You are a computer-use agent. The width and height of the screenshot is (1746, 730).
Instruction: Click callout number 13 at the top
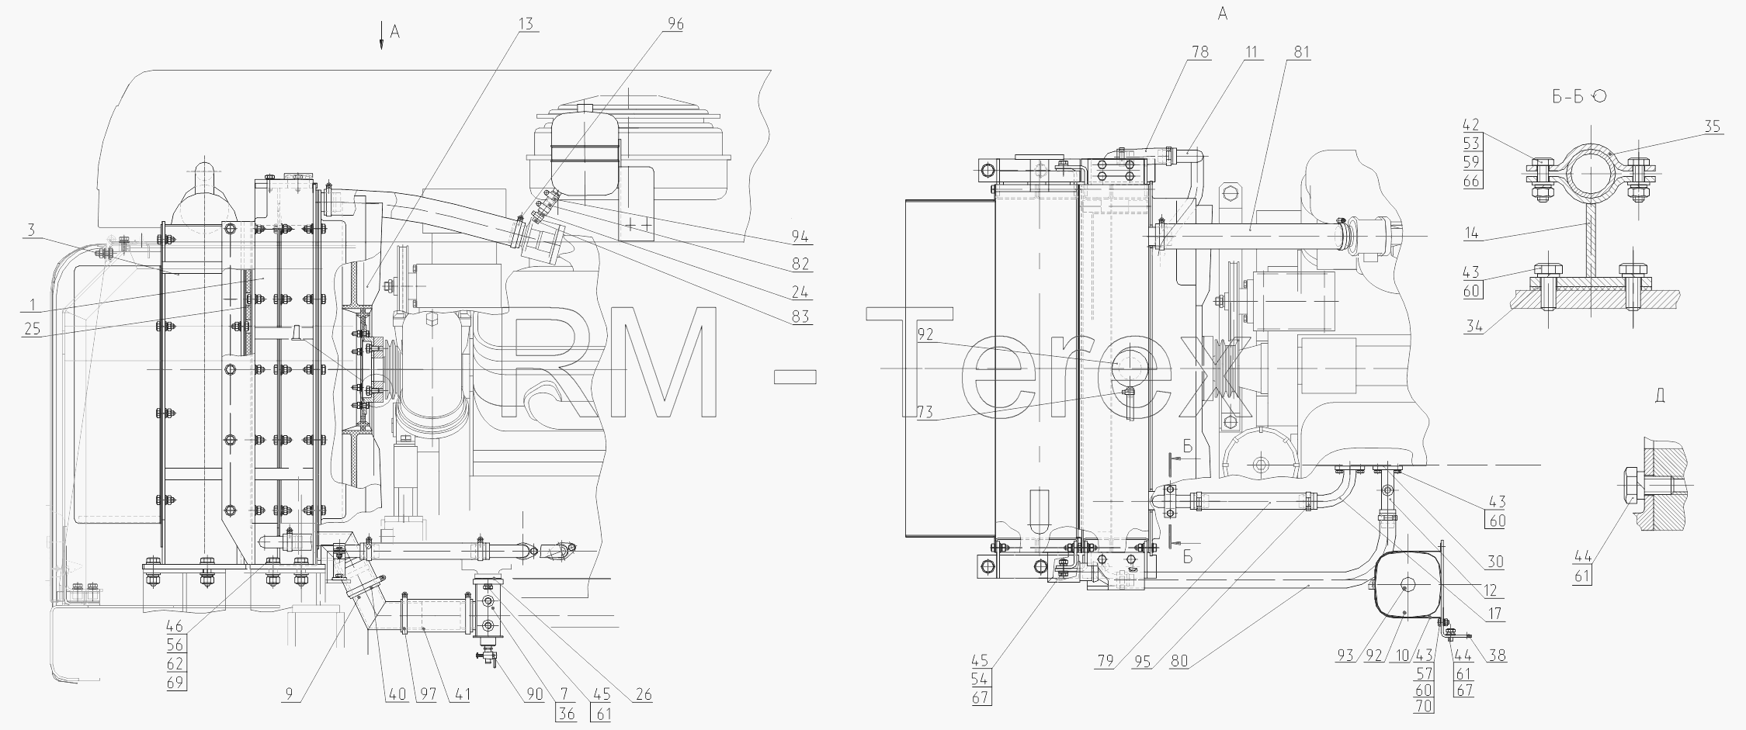pyautogui.click(x=526, y=24)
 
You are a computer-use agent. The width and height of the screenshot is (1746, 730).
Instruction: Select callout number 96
pyautogui.click(x=675, y=24)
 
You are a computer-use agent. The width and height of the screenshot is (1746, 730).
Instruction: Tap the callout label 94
pyautogui.click(x=800, y=237)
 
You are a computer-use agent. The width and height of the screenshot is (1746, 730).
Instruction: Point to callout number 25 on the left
pyautogui.click(x=31, y=329)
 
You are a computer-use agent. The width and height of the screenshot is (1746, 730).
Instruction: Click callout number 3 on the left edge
pyautogui.click(x=31, y=230)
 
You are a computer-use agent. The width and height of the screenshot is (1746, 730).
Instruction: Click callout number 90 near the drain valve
pyautogui.click(x=534, y=695)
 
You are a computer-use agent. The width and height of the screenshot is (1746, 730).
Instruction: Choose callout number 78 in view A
pyautogui.click(x=1200, y=52)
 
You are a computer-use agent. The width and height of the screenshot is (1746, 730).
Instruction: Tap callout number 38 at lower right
pyautogui.click(x=1497, y=655)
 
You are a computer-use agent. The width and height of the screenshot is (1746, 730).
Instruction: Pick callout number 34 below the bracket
pyautogui.click(x=1474, y=327)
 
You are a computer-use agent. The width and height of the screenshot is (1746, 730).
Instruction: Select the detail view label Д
pyautogui.click(x=1659, y=396)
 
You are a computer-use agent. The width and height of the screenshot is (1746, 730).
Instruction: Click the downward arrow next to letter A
pyautogui.click(x=382, y=36)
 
